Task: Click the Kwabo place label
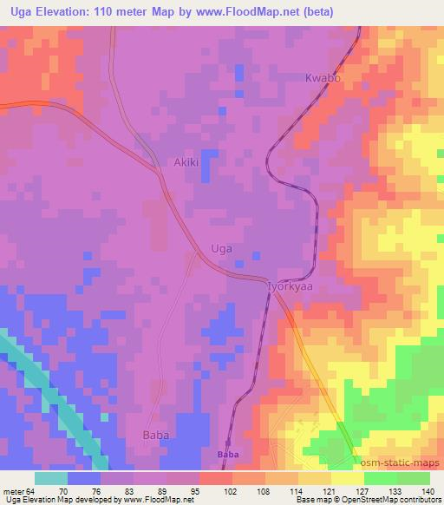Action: [322, 78]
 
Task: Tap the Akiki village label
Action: [187, 162]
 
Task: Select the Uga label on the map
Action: [222, 249]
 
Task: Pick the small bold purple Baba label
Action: [227, 454]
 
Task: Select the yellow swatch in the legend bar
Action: [347, 478]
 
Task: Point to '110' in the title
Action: [107, 10]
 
